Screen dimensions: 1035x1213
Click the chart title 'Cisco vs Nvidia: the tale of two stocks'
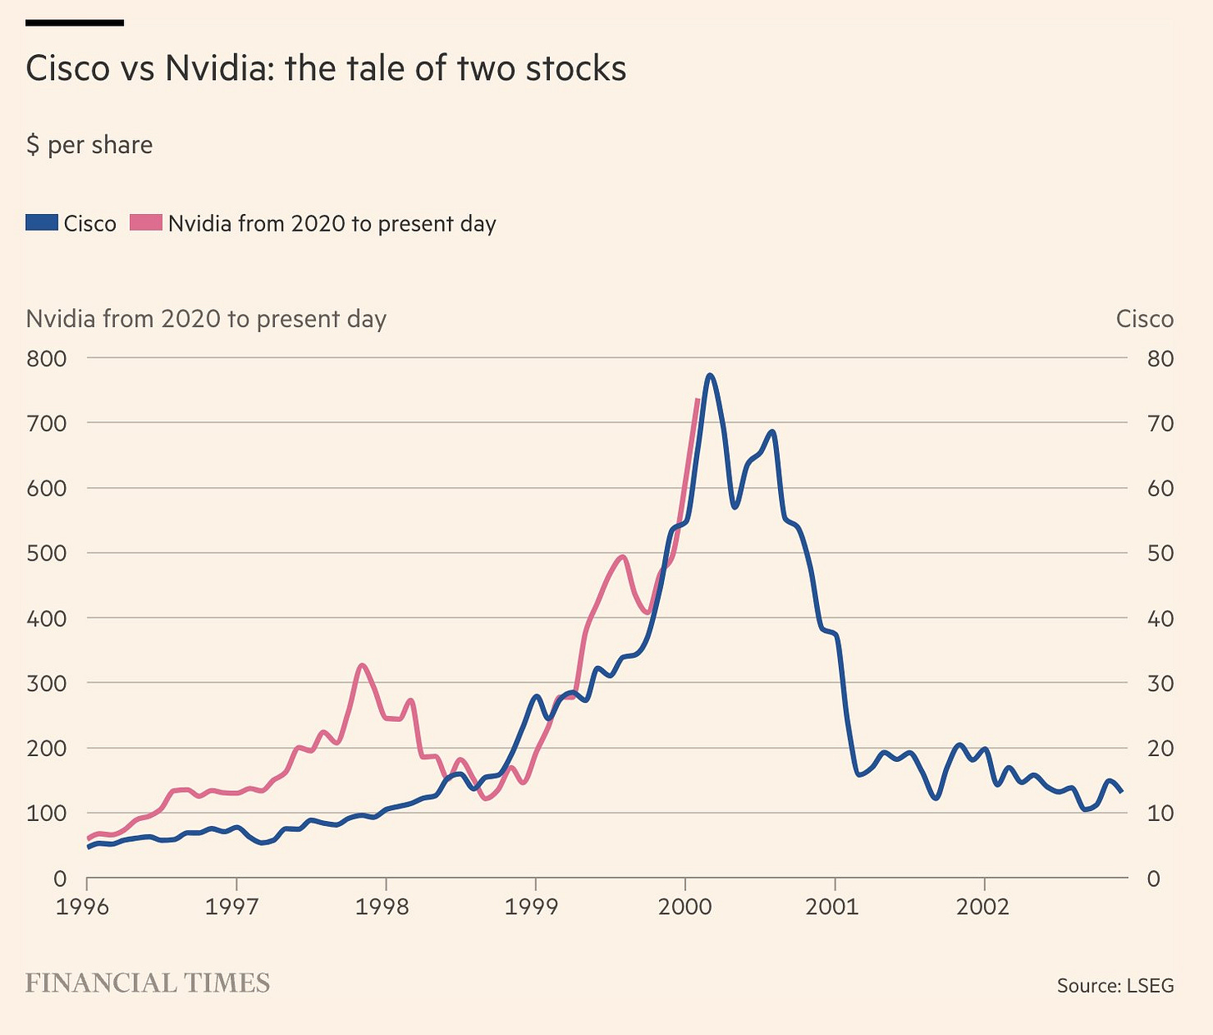coord(326,68)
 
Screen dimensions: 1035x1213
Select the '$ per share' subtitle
coord(89,145)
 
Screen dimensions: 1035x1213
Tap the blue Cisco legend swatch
coord(42,223)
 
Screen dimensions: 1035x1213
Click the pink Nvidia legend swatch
coord(146,223)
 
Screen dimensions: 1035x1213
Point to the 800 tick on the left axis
coord(47,359)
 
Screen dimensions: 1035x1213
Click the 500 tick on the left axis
coord(47,554)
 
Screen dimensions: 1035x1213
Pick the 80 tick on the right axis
coord(1160,359)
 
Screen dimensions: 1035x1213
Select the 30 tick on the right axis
coord(1160,684)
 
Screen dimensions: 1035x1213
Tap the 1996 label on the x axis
coord(82,906)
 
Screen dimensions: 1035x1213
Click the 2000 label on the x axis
coord(684,906)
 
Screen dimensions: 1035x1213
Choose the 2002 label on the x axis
coord(983,906)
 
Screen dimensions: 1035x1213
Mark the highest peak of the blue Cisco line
coord(710,376)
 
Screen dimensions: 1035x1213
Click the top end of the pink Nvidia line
coord(697,401)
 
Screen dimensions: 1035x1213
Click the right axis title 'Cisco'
coord(1144,320)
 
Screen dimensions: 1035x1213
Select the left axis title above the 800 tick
coord(206,320)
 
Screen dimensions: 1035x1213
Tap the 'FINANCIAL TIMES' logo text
coord(147,983)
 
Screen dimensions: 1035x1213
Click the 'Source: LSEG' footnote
coord(1115,986)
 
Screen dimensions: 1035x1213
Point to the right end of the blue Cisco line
coord(1121,791)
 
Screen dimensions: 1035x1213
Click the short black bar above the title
coord(75,22)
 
